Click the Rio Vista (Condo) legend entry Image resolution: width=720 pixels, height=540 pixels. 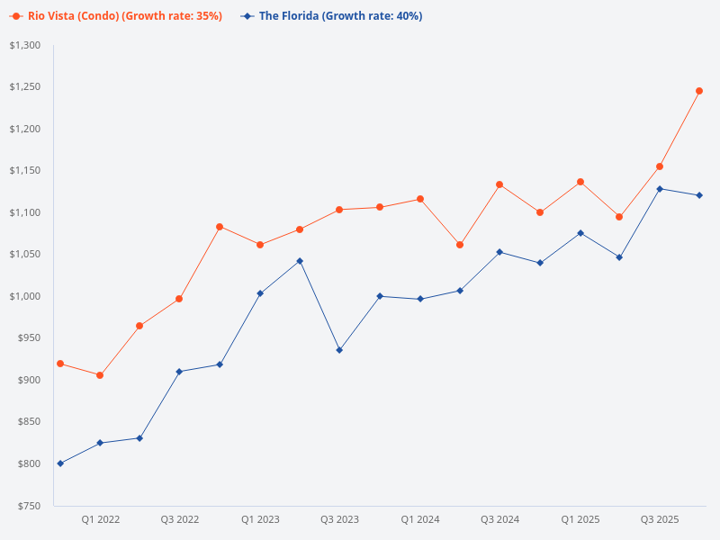coord(117,16)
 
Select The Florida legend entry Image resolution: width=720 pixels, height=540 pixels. coord(333,16)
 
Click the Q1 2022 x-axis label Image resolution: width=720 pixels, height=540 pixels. coord(100,519)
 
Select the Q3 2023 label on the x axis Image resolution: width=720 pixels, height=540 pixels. coord(339,519)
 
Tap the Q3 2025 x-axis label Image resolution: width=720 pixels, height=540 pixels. coord(659,519)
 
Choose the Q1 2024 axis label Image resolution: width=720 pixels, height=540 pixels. coord(419,519)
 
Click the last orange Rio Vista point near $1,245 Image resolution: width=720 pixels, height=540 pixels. coord(699,91)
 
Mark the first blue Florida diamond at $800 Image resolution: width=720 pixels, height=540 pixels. coord(60,463)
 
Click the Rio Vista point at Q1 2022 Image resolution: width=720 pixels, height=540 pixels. coord(100,375)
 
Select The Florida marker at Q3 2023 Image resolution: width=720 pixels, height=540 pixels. coord(339,350)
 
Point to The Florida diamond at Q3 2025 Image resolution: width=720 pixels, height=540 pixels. coord(660,189)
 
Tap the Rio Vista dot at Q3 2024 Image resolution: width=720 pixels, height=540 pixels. coord(499,184)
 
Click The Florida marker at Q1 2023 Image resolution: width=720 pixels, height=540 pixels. coord(260,293)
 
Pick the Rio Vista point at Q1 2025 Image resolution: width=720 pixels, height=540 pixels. coord(580,182)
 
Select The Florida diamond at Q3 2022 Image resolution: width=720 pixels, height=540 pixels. coord(179,372)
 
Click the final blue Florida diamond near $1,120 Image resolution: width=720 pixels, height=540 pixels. coord(699,195)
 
